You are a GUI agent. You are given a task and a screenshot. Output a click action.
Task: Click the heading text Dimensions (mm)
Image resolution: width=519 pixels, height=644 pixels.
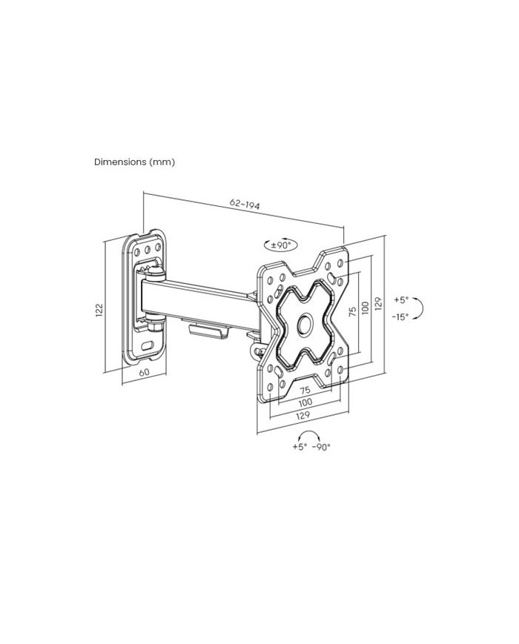tap(134, 162)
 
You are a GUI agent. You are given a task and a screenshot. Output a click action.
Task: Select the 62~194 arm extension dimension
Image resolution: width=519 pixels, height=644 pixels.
tap(245, 205)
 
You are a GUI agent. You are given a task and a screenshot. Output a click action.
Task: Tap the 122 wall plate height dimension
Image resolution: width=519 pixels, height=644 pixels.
tap(99, 310)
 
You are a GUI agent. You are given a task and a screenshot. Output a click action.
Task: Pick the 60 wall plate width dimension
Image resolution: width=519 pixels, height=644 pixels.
tap(145, 373)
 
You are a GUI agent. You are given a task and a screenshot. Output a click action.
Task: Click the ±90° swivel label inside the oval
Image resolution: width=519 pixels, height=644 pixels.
tap(281, 245)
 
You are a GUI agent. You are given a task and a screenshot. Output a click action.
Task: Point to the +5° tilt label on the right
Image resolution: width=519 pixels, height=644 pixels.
tap(401, 300)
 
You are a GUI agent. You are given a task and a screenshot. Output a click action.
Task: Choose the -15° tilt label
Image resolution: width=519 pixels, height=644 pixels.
tap(400, 316)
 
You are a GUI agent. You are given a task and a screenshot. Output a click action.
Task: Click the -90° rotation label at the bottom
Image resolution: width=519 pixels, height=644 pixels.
tap(322, 448)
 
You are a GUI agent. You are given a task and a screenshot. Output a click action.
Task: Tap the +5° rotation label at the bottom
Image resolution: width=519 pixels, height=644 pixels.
tap(300, 446)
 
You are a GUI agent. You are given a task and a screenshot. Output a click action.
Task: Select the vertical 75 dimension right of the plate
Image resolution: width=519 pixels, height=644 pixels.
tap(352, 311)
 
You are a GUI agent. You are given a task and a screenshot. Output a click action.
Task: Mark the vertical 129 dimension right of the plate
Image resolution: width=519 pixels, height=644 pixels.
tap(378, 304)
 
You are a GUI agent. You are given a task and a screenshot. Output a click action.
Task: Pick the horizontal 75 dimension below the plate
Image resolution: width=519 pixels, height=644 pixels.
tap(305, 390)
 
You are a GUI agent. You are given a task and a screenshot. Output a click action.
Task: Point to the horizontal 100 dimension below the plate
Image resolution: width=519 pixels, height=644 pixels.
tap(305, 402)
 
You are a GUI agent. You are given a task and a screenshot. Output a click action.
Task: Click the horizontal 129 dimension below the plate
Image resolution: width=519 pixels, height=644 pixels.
tap(303, 415)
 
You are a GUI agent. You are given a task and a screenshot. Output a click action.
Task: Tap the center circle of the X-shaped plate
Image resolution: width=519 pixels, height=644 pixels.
tap(305, 324)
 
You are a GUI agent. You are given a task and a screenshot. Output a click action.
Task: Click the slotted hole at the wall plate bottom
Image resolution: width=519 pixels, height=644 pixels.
tap(148, 345)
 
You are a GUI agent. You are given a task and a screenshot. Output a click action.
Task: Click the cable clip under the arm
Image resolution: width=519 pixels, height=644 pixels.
tap(209, 331)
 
